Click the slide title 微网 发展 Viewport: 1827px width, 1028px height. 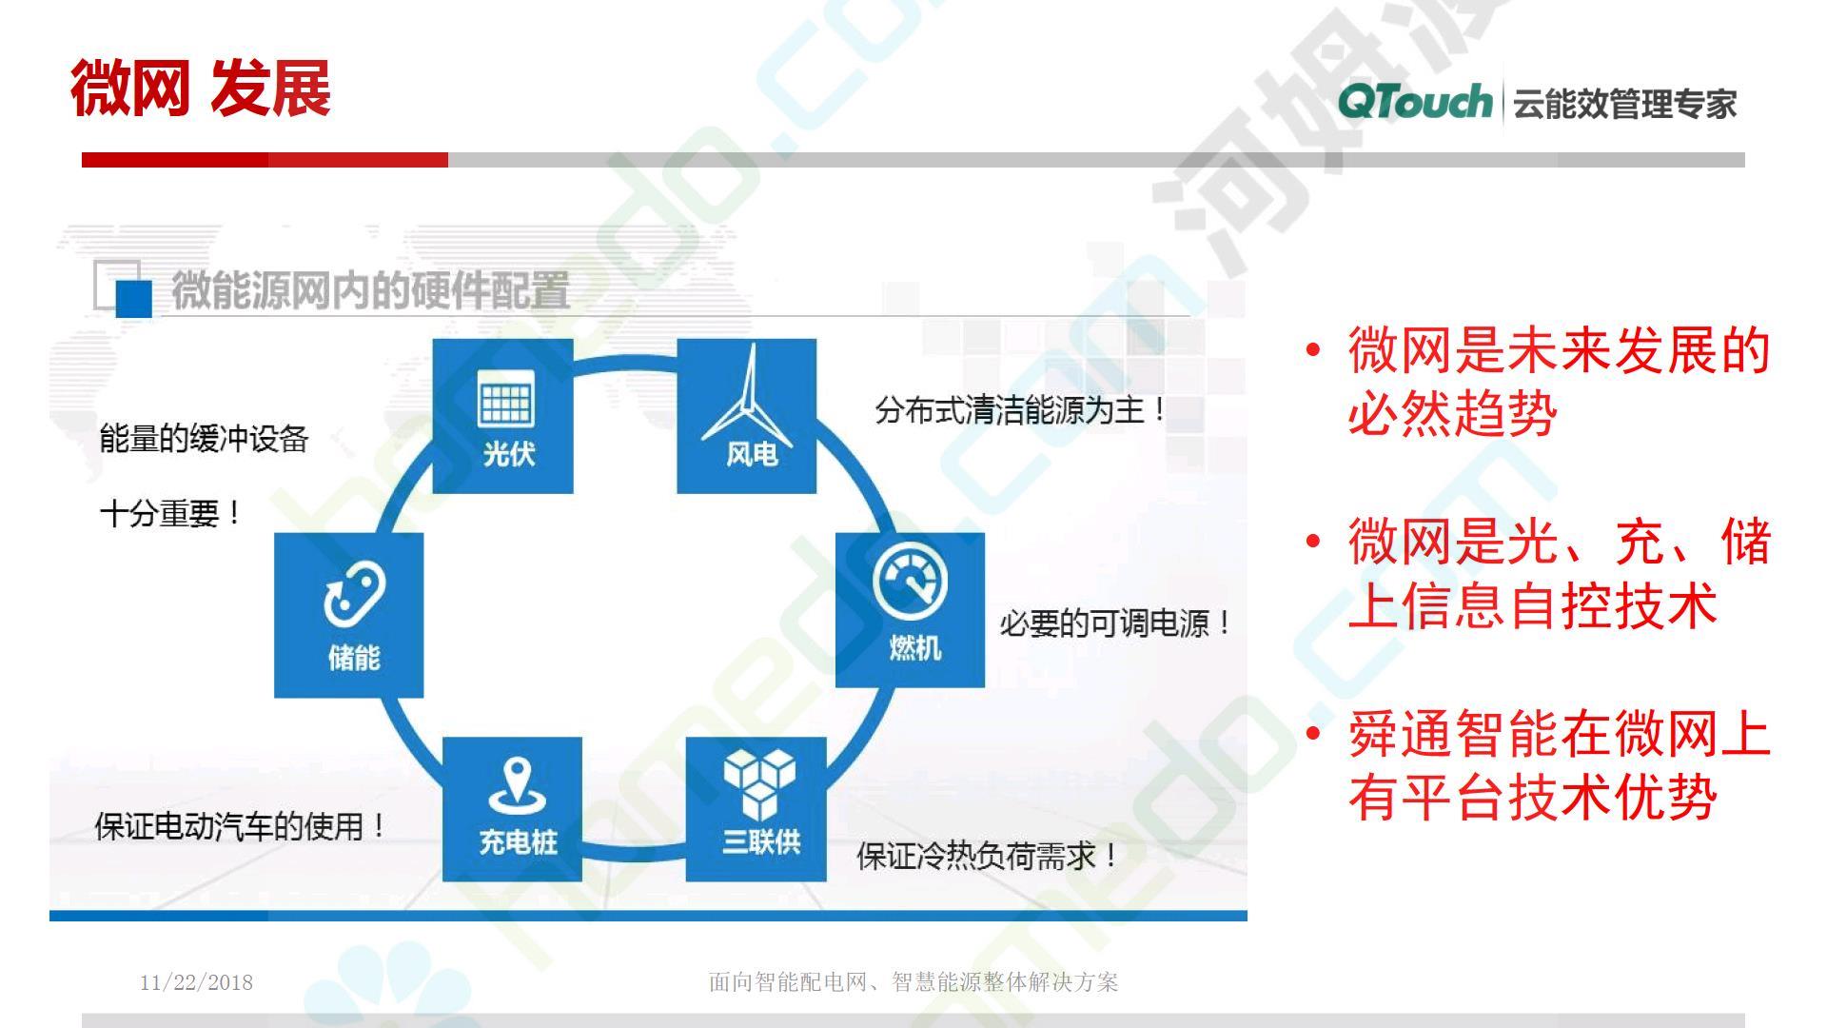201,89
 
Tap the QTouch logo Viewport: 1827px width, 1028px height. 1415,101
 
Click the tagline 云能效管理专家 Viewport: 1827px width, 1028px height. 1625,104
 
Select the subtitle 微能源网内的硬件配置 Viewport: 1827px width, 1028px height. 370,290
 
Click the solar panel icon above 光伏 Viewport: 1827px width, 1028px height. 506,399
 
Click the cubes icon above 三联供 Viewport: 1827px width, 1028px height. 758,783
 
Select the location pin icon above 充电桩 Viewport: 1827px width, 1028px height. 516,786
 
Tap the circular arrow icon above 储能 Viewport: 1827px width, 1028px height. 353,593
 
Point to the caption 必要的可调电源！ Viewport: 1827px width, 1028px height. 1116,624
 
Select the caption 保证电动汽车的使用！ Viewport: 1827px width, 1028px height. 241,825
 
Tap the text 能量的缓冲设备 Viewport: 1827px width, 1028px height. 204,440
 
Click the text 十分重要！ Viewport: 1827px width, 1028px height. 171,514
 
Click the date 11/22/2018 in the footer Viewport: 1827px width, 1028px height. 196,982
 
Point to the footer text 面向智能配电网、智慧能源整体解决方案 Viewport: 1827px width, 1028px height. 913,982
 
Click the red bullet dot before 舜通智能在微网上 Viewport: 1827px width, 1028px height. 1314,735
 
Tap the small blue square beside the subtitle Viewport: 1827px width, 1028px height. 133,299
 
